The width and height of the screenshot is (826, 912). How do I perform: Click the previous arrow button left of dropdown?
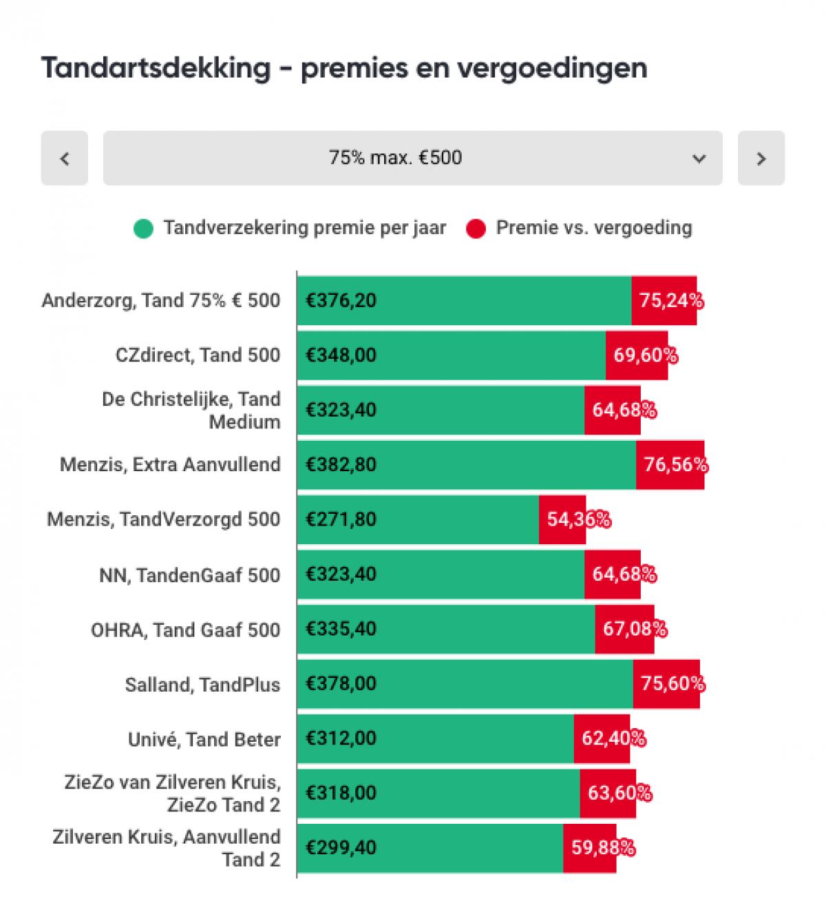point(64,158)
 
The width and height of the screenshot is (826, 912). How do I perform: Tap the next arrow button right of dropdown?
point(761,158)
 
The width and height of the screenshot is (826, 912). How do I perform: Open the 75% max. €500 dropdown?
point(412,158)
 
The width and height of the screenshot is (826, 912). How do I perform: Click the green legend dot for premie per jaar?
point(143,228)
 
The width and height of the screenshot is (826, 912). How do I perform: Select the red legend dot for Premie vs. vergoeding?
point(476,228)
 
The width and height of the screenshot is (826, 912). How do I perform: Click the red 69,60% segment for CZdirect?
point(637,355)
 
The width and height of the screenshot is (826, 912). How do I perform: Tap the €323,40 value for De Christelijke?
point(341,410)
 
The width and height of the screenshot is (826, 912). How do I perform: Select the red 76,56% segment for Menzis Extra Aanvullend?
point(670,465)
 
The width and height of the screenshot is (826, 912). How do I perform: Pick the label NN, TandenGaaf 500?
point(189,574)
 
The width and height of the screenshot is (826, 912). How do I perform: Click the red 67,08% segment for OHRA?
point(624,629)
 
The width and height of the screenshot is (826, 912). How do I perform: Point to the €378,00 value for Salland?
point(341,683)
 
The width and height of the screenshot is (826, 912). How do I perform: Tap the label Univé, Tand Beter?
point(204,739)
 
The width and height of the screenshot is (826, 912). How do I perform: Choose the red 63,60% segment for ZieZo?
point(608,793)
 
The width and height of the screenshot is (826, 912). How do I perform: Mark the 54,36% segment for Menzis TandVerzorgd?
point(562,519)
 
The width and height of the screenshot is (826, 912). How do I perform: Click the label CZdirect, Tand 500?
point(198,355)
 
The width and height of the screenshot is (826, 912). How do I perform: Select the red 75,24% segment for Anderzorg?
point(664,300)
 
